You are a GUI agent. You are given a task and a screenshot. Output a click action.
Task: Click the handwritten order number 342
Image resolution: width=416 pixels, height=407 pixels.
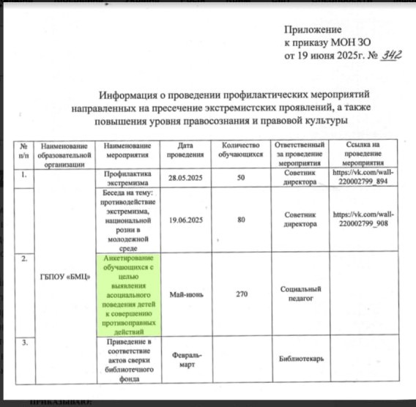393,56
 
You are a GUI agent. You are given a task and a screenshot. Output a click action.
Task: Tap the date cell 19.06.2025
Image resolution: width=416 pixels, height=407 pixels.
188,219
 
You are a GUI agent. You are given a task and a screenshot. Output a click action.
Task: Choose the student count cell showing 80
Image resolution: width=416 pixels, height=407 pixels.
241,219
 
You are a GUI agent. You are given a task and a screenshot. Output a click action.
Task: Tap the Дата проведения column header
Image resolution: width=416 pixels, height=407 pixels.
188,152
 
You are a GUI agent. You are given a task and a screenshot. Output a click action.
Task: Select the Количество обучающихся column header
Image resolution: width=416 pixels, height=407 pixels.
241,152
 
